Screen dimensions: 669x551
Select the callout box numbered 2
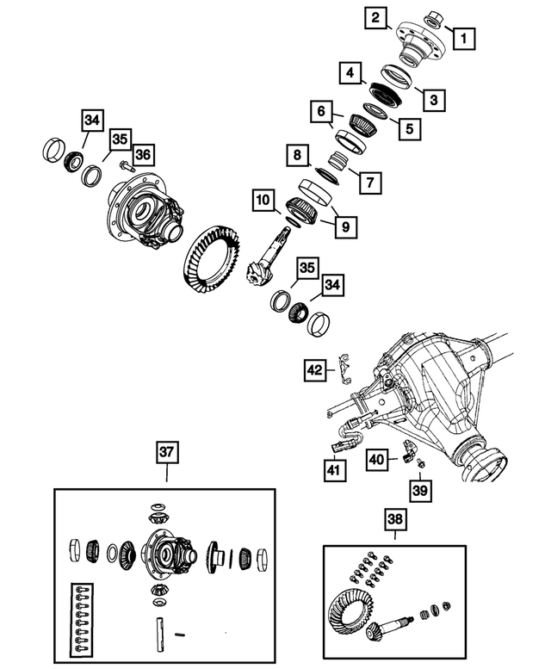click(x=375, y=16)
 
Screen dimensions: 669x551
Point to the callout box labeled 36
click(x=142, y=155)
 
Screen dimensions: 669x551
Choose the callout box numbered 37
click(x=167, y=451)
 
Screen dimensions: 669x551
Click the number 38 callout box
click(x=394, y=519)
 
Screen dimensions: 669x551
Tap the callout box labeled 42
click(x=315, y=370)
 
